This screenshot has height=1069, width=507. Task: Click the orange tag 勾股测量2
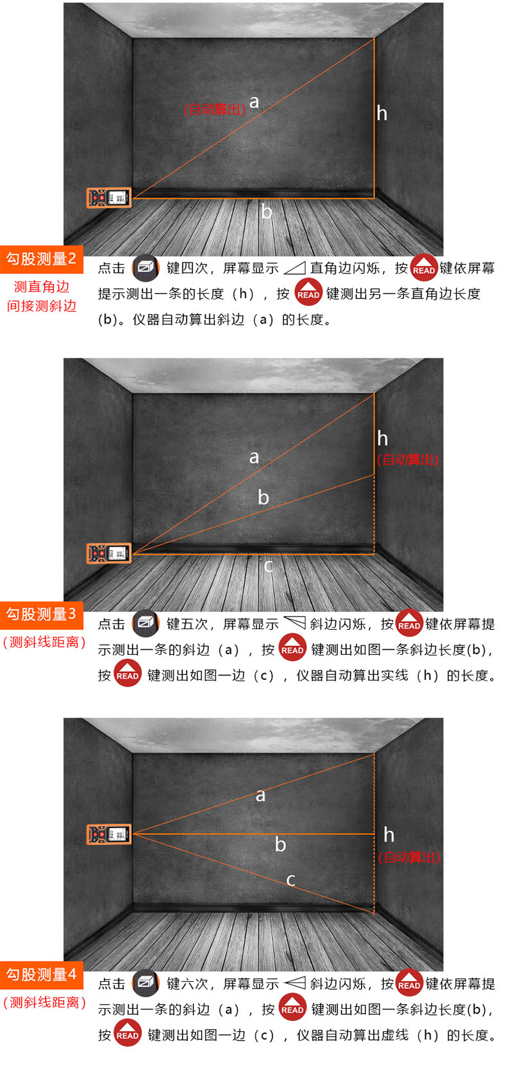[x=41, y=259]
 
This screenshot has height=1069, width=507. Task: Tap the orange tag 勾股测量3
[x=41, y=614]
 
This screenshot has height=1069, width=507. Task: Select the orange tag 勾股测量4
[x=41, y=974]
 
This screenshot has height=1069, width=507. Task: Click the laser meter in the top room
[x=109, y=198]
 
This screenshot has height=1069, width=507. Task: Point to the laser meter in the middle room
[x=109, y=553]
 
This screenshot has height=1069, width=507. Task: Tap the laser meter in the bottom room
[x=109, y=834]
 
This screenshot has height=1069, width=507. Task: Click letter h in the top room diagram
[x=382, y=114]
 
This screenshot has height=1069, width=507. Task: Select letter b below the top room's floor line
[x=266, y=211]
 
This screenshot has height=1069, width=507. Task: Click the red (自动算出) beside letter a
[x=214, y=110]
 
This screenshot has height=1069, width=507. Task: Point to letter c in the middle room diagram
[x=268, y=566]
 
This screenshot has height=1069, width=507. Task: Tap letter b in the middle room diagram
[x=263, y=497]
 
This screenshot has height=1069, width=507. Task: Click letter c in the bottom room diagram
[x=291, y=880]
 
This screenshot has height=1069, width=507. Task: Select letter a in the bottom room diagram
[x=260, y=796]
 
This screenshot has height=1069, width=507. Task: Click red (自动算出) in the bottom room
[x=409, y=858]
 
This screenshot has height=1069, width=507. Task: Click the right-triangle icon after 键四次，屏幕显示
[x=295, y=268]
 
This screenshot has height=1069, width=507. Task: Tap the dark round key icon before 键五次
[x=145, y=623]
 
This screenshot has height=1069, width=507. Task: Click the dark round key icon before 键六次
[x=145, y=983]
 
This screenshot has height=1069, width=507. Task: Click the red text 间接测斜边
[x=41, y=306]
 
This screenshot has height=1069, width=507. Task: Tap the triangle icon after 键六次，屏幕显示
[x=295, y=983]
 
